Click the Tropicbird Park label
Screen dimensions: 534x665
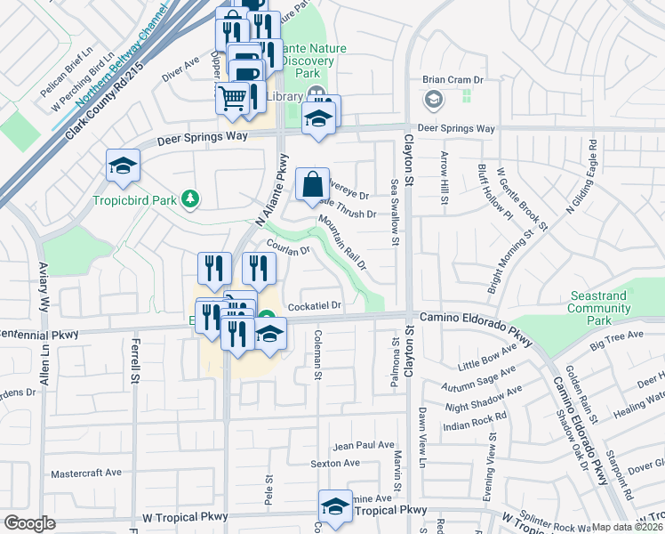(135, 199)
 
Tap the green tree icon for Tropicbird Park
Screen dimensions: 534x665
(188, 199)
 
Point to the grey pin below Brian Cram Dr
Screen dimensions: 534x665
(432, 100)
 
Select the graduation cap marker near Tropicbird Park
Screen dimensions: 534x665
(123, 164)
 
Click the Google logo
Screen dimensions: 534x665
(30, 522)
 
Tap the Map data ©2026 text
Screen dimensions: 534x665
(628, 527)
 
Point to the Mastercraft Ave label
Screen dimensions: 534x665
(86, 473)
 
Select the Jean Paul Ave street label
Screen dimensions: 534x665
(363, 444)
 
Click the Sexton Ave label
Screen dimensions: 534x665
(335, 463)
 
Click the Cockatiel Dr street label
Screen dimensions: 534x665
(316, 305)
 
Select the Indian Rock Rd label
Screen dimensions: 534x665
(476, 416)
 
